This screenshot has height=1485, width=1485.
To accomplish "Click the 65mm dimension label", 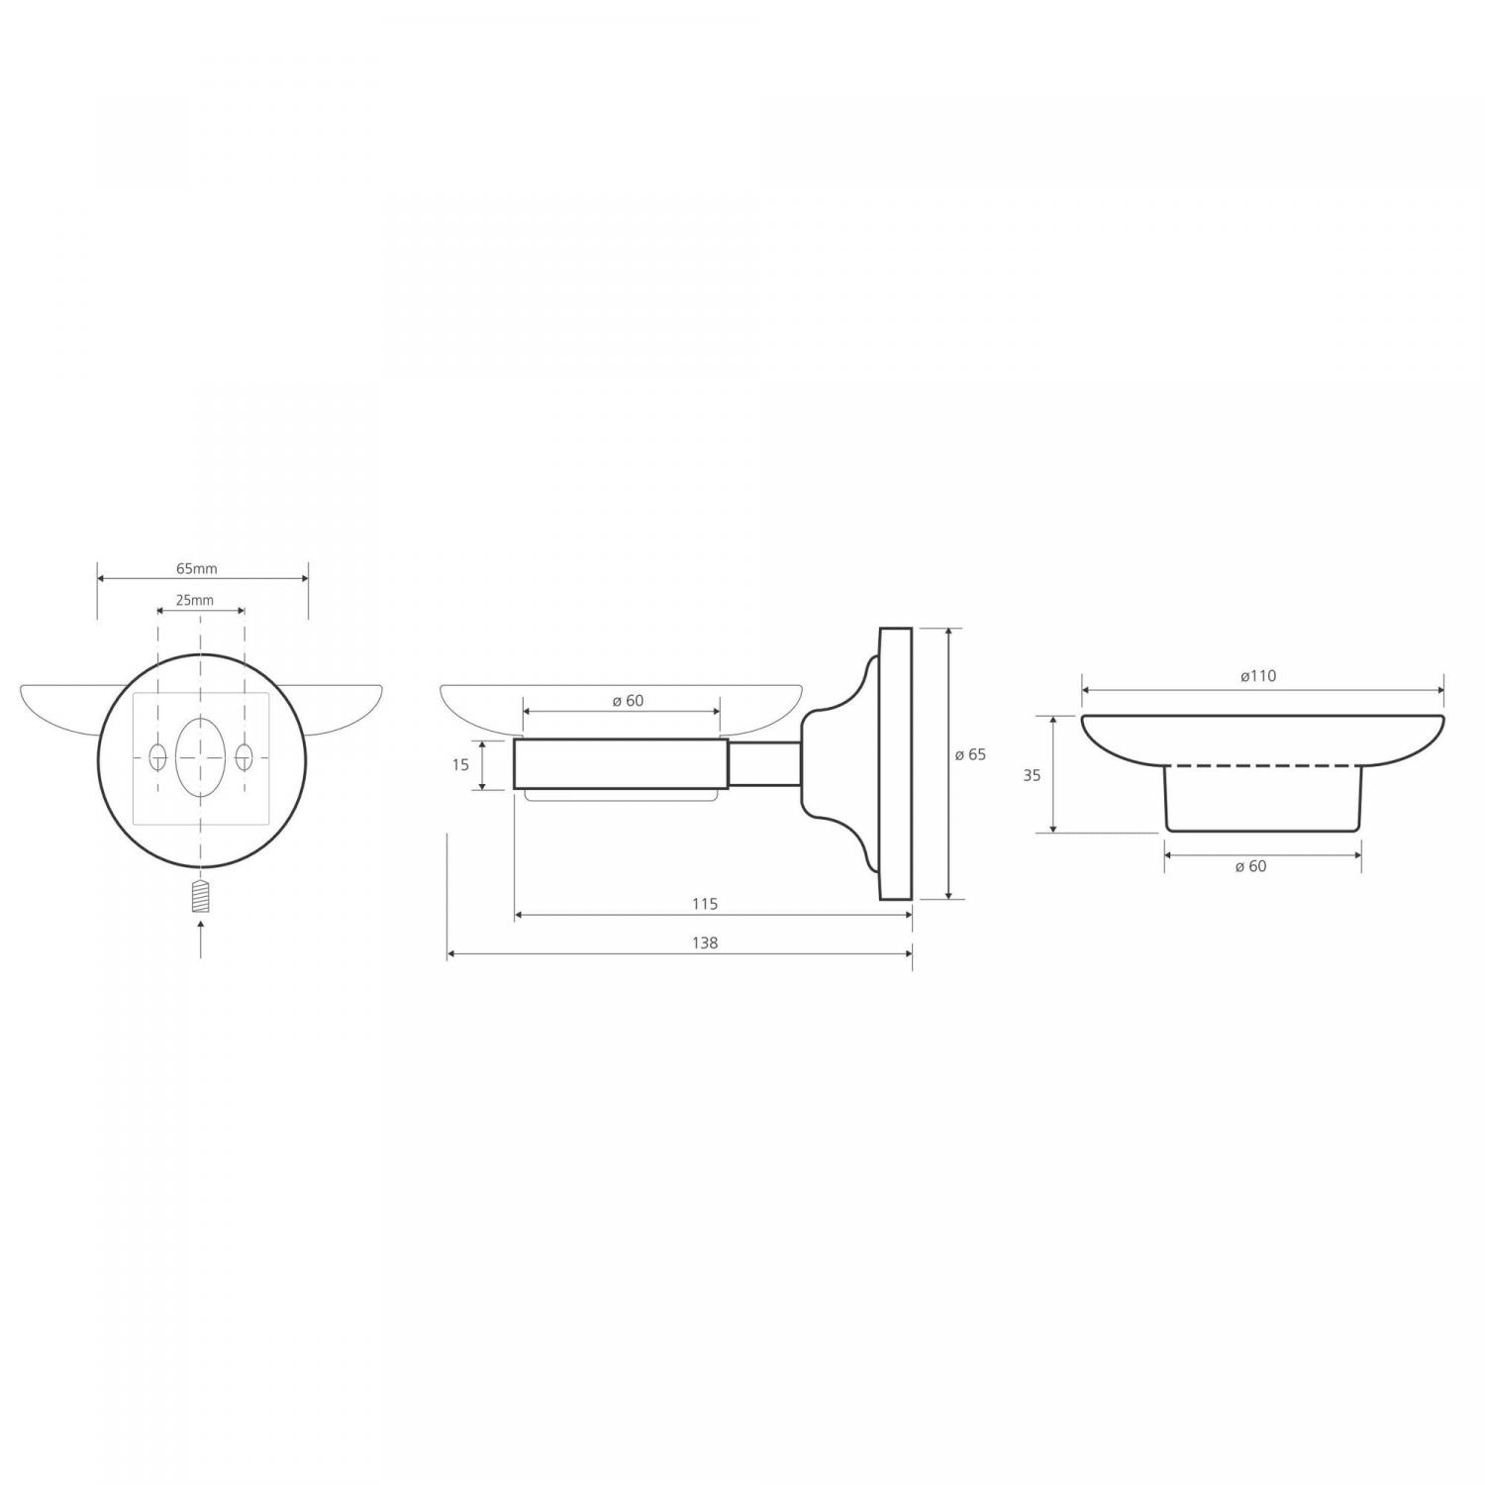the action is pyautogui.click(x=196, y=569).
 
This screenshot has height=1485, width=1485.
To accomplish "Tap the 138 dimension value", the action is pyautogui.click(x=704, y=943).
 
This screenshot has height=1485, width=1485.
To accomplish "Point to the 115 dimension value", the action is pyautogui.click(x=705, y=904).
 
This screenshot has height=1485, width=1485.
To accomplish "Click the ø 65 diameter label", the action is pyautogui.click(x=970, y=755).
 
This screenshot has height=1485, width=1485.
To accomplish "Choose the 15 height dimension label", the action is pyautogui.click(x=460, y=765).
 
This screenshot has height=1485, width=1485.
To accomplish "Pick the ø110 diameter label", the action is pyautogui.click(x=1257, y=677).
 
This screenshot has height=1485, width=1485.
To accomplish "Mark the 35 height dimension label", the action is pyautogui.click(x=1032, y=776).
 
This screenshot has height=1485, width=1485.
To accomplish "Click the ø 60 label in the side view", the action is pyautogui.click(x=628, y=701).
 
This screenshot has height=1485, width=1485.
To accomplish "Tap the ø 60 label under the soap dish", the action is pyautogui.click(x=1250, y=866).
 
